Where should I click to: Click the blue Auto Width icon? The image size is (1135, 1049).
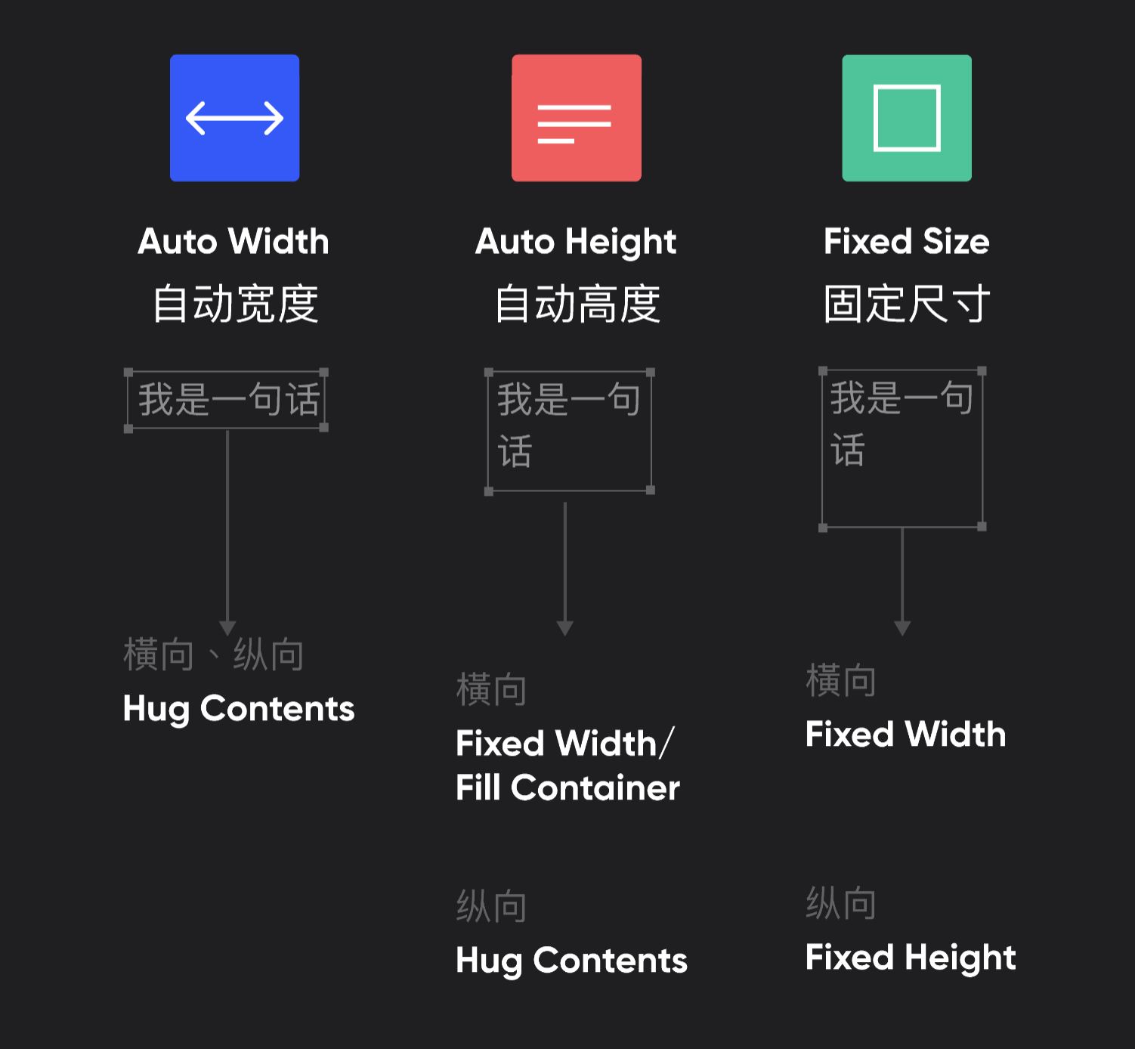(x=234, y=118)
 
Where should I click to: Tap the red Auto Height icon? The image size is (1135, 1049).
(x=576, y=118)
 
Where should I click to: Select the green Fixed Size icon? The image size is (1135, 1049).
(x=907, y=118)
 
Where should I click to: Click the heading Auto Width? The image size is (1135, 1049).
(x=233, y=242)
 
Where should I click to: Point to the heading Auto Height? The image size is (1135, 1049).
(x=576, y=242)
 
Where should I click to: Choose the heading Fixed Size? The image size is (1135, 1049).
(x=906, y=242)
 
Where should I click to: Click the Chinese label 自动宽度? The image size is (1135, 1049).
(x=235, y=304)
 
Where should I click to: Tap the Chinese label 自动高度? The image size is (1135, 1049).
(x=577, y=304)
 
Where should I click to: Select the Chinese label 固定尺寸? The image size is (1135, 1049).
(x=906, y=304)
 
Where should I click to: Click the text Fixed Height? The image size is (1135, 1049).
(x=910, y=958)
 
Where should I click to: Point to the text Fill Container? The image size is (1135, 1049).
(x=567, y=788)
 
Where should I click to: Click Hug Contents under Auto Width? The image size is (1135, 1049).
(x=238, y=709)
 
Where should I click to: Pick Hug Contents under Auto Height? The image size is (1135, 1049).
(x=571, y=961)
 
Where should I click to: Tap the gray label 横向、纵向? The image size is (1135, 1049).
(x=214, y=654)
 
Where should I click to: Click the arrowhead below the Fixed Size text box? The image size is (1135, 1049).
(x=902, y=628)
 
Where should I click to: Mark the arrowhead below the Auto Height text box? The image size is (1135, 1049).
(x=565, y=628)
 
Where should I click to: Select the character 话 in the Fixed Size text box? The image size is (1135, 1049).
(x=848, y=450)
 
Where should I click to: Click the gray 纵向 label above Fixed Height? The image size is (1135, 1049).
(x=840, y=903)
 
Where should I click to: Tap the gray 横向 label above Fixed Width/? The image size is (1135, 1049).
(x=491, y=689)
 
